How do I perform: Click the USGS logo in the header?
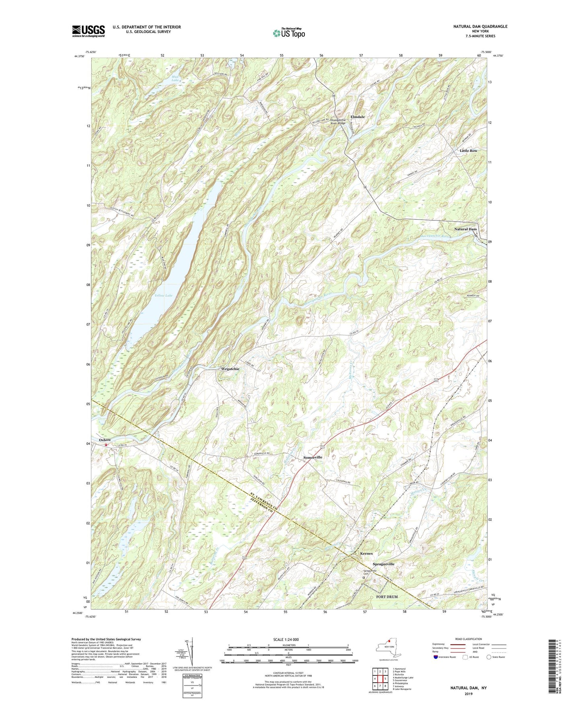[x=88, y=31]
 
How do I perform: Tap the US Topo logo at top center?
[x=288, y=33]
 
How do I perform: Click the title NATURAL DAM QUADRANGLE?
[x=480, y=27]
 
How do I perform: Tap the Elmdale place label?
[x=357, y=117]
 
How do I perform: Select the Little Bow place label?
[x=468, y=151]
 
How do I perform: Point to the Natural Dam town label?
[x=465, y=229]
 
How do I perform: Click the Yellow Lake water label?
[x=163, y=296]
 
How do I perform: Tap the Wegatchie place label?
[x=230, y=369]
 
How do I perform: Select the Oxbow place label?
[x=105, y=440]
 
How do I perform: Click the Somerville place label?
[x=312, y=458]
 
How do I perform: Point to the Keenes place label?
[x=366, y=554]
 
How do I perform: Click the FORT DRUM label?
[x=386, y=597]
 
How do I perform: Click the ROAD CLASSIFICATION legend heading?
[x=468, y=639]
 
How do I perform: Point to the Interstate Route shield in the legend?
[x=436, y=657]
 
